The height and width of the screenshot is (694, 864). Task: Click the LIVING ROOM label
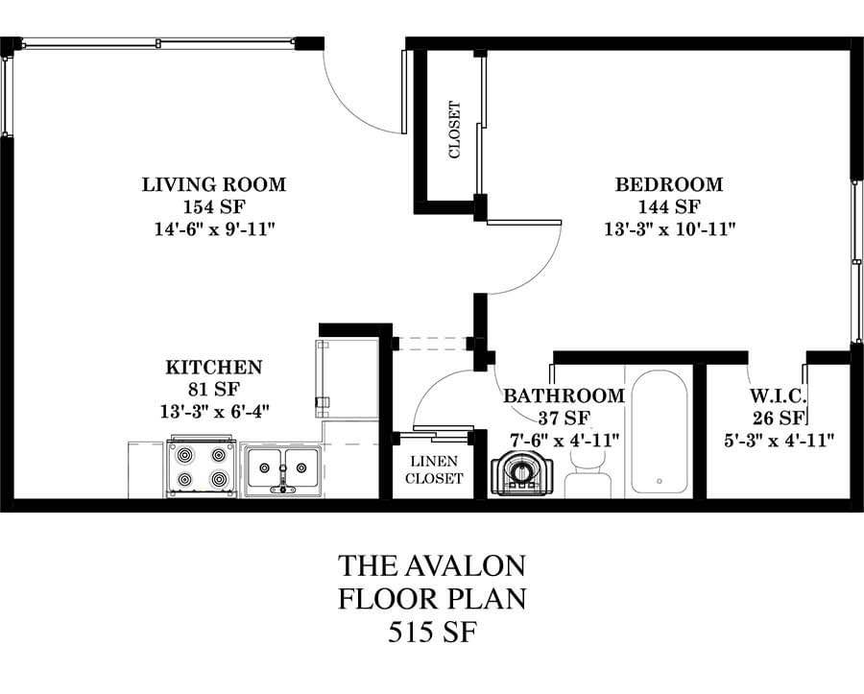pos(214,184)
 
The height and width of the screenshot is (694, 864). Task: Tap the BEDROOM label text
pos(669,184)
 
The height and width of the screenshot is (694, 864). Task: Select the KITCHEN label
pos(214,367)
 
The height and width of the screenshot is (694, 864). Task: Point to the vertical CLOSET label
pos(455,130)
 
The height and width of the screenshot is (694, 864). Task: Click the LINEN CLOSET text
pos(434,469)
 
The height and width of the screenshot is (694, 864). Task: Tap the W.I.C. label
pos(778,395)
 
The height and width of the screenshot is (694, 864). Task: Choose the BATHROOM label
pos(564,395)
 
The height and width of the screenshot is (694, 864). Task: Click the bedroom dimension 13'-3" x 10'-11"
pos(670,228)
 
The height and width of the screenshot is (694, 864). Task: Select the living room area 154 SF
pos(214,206)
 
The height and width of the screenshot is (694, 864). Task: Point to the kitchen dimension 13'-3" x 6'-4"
pos(214,412)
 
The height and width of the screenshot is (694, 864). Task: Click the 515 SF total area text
pos(431,632)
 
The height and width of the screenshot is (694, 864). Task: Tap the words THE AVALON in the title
pos(431,565)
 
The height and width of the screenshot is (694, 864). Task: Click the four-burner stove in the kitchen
pos(203,467)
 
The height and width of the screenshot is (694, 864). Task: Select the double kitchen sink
pos(282,469)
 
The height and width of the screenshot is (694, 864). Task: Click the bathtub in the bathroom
pos(659,430)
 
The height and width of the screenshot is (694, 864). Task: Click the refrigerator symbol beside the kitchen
pos(348,379)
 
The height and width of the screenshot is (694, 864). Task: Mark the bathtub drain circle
pos(660,481)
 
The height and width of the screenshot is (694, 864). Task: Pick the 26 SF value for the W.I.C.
pos(779,419)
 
